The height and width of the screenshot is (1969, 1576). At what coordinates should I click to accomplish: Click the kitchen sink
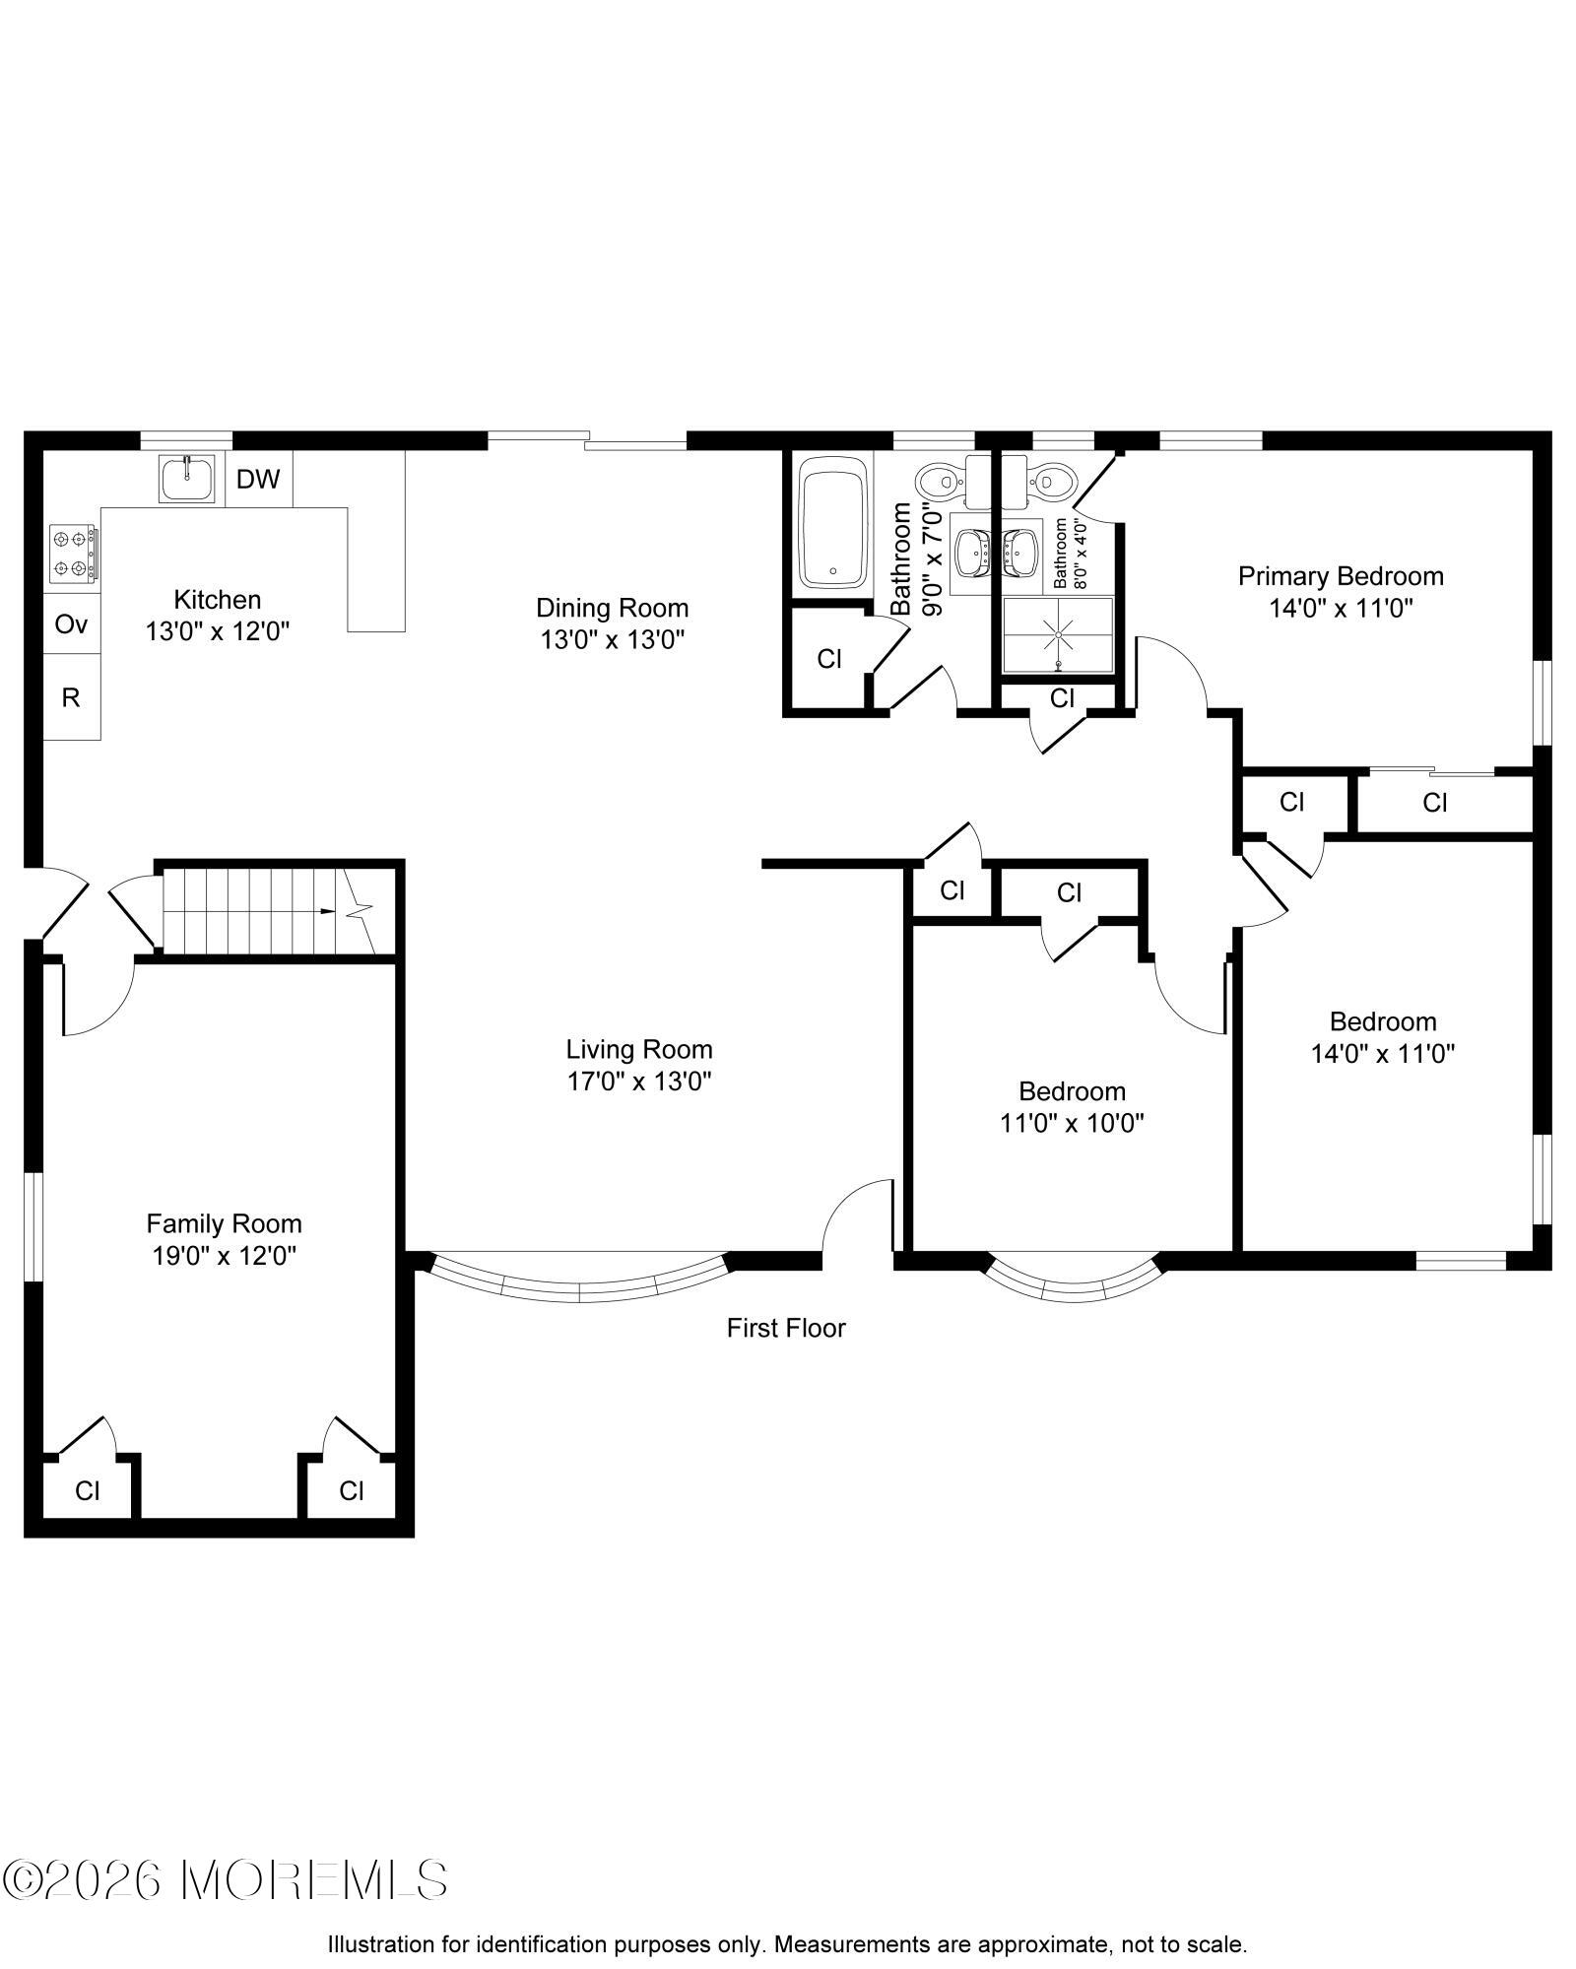tap(187, 479)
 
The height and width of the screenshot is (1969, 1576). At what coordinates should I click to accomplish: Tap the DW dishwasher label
tap(258, 480)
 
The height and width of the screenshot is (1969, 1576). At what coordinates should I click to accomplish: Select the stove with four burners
tap(74, 554)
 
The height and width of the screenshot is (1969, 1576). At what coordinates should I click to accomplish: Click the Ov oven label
tap(71, 624)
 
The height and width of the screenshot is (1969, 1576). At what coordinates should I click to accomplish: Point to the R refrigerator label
tap(71, 698)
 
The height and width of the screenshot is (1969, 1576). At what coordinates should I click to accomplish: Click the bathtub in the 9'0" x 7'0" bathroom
tap(832, 528)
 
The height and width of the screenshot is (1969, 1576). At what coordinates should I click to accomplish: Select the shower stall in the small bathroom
tap(1058, 635)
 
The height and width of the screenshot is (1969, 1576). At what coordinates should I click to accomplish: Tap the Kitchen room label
tap(218, 599)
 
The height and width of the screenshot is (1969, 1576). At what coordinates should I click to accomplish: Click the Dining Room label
tap(612, 608)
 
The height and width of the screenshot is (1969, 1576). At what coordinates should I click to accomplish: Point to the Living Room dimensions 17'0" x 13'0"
tap(639, 1082)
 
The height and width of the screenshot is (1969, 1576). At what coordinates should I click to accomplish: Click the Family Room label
tap(225, 1223)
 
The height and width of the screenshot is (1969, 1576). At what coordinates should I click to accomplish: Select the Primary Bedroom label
tap(1341, 576)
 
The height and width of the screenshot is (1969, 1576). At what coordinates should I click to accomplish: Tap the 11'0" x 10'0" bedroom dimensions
tap(1072, 1123)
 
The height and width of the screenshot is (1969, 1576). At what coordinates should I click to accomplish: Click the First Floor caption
tap(786, 1329)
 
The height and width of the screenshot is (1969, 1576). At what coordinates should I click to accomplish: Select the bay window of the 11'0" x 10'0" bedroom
tap(1072, 1281)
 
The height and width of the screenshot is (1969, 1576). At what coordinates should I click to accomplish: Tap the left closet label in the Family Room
tap(88, 1491)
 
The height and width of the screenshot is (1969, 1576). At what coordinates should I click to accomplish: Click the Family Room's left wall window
tap(32, 1227)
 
